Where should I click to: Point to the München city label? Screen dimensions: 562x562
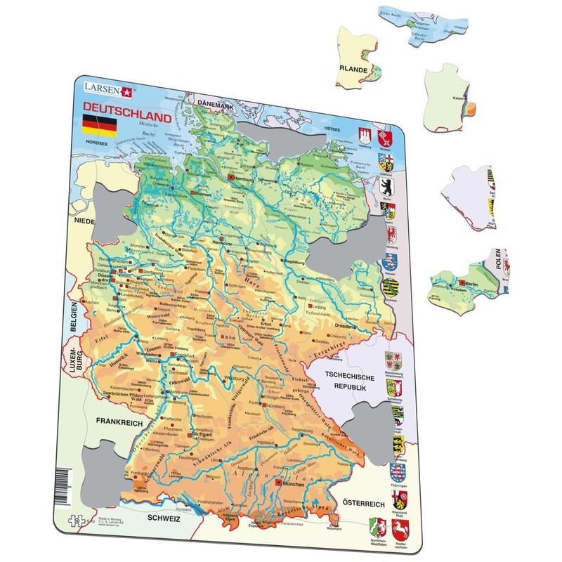tap(294, 484)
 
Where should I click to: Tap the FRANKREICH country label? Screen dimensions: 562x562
tap(116, 423)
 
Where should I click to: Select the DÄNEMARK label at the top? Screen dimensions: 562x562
tap(215, 105)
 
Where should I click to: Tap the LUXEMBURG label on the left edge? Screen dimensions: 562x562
tap(71, 354)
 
